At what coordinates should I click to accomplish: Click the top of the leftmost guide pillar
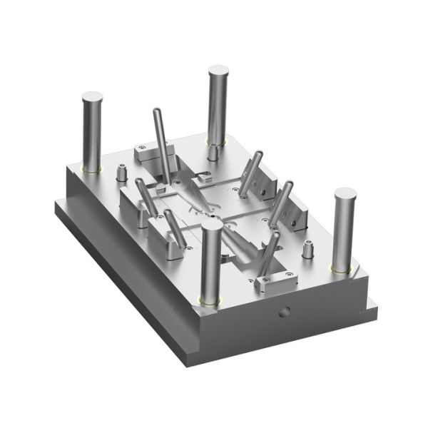pos(92,96)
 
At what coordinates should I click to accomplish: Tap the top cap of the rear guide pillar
pos(218,71)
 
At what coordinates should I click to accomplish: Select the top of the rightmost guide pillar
pos(345,194)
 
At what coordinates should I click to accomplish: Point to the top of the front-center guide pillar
pos(212,225)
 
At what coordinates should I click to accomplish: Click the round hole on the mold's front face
pos(285,312)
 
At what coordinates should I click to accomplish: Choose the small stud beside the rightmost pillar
pos(308,250)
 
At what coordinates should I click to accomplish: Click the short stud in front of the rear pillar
pos(213,151)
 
